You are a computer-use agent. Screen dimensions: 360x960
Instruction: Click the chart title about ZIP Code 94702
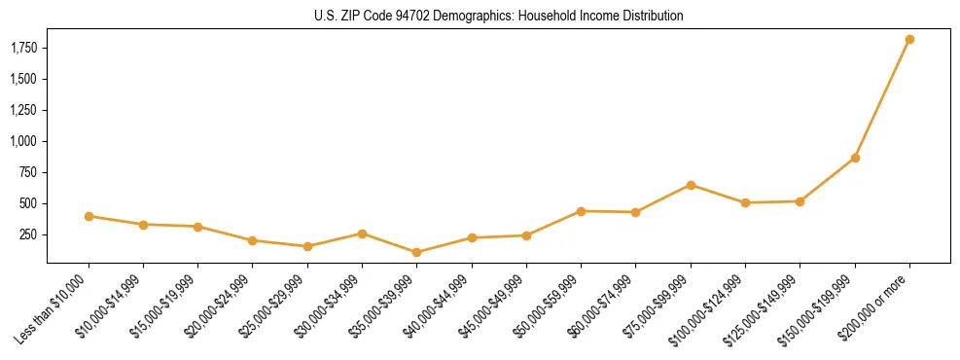coord(498,16)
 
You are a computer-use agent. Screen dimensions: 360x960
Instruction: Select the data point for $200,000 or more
coord(909,40)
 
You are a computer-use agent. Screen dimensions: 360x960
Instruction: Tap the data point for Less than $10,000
coord(89,216)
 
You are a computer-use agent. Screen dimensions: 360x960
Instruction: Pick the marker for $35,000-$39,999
coord(416,252)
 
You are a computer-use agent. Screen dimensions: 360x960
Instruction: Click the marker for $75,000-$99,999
coord(691,185)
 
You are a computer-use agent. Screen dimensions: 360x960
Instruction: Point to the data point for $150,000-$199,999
coord(855,158)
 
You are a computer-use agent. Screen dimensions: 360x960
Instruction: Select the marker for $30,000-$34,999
coord(362,234)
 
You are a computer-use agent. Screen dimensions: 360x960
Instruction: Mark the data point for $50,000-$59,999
coord(581,211)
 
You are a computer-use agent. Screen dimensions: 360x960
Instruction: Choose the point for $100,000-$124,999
coord(745,202)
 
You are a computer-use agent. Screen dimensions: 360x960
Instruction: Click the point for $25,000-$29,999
coord(307,246)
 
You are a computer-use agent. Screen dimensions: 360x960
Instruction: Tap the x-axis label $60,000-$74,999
coord(599,306)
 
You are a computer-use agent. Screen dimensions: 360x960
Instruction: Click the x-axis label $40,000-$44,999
coord(435,306)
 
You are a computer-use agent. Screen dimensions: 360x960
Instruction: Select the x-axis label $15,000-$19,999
coord(161,306)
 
